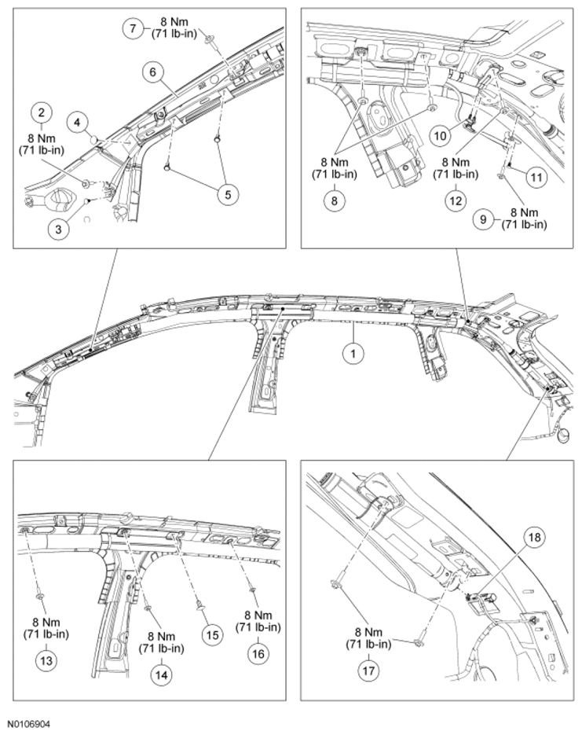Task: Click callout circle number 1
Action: point(354,355)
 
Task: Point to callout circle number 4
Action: point(79,122)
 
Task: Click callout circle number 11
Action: point(536,178)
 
